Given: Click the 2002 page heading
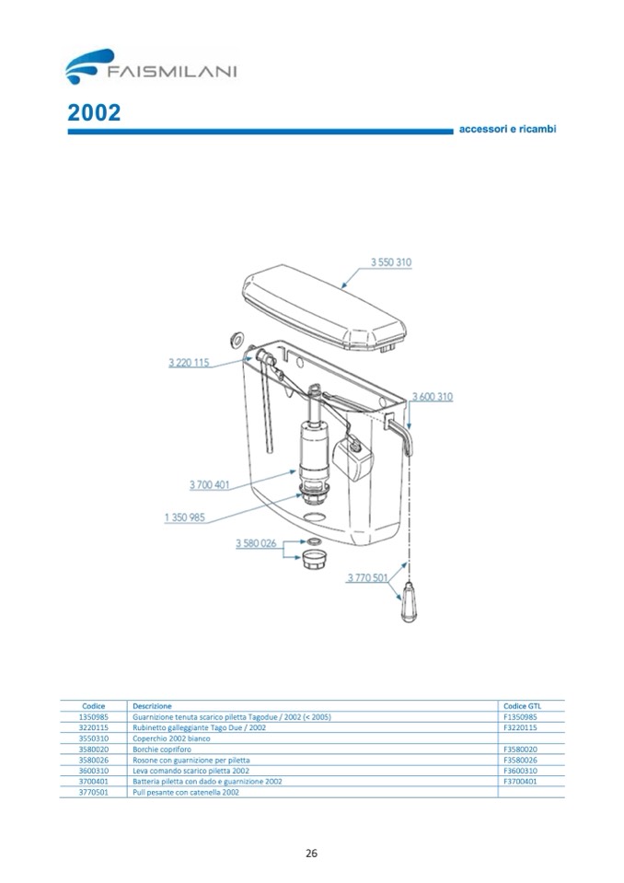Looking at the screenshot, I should click(94, 112).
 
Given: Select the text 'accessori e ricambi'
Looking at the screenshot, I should click(506, 129).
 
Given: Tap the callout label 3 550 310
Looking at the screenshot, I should click(390, 262).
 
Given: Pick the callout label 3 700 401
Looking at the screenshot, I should click(209, 484).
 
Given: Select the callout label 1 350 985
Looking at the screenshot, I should click(184, 517).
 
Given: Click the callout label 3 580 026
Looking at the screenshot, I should click(256, 543).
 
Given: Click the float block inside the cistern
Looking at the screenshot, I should click(353, 459).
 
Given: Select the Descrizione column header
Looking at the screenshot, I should click(152, 705).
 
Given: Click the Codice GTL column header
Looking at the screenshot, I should click(522, 705).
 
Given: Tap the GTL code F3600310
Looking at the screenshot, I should click(521, 770).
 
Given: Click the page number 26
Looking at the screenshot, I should click(311, 852).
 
